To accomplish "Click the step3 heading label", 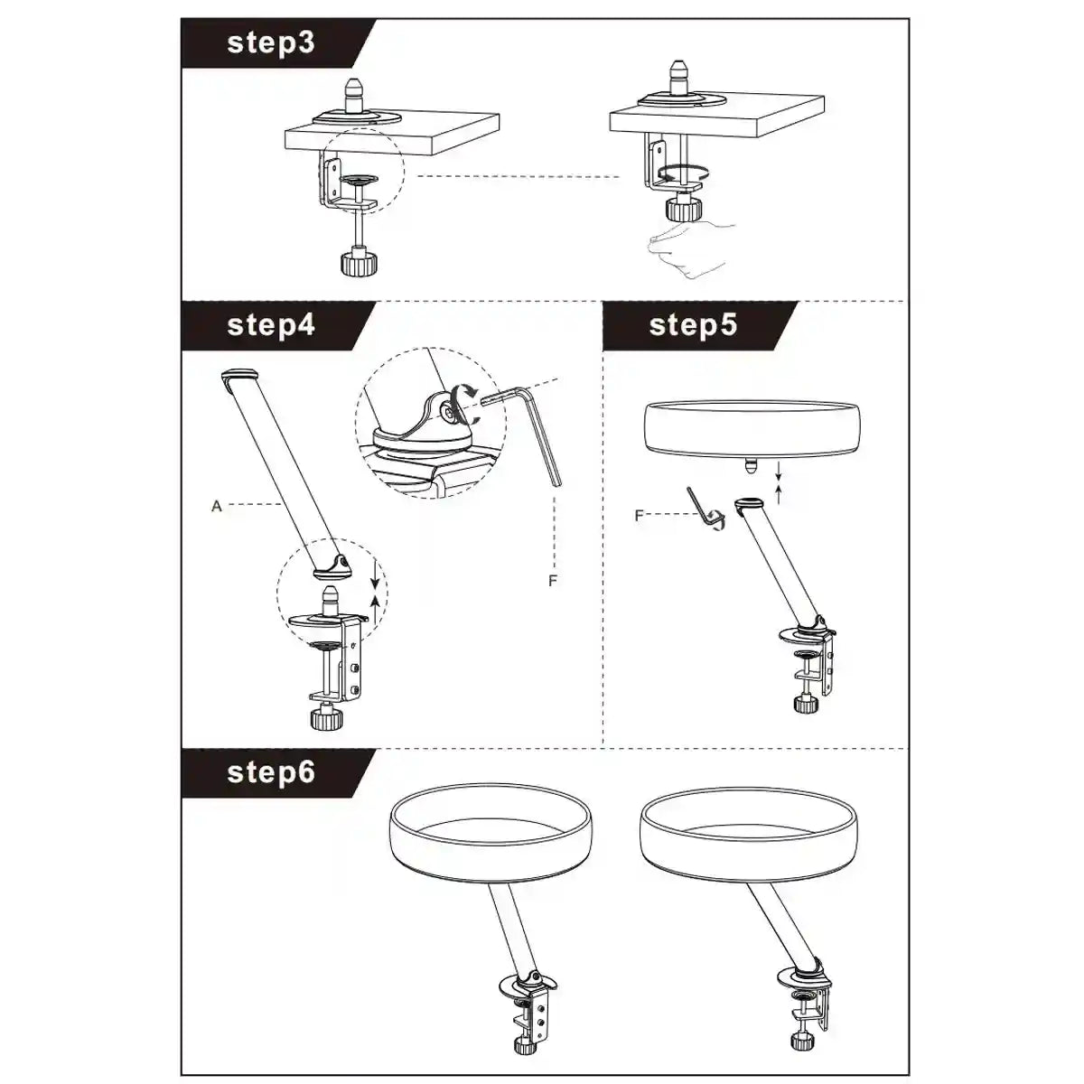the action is [271, 43].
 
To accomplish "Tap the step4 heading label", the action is [271, 325].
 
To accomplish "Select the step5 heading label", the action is [693, 325].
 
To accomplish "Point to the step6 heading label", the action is [271, 772].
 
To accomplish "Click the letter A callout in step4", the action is [217, 506].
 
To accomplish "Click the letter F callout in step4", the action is [553, 581].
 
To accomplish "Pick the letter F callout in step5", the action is [639, 515].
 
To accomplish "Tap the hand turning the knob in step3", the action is [691, 248].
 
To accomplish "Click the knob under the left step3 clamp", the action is [357, 262].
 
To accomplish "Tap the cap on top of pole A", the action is [240, 375].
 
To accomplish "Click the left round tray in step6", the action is [490, 835].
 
